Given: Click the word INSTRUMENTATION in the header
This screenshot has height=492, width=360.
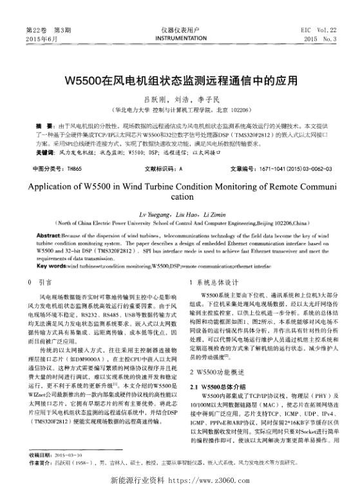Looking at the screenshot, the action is [x=179, y=39].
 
